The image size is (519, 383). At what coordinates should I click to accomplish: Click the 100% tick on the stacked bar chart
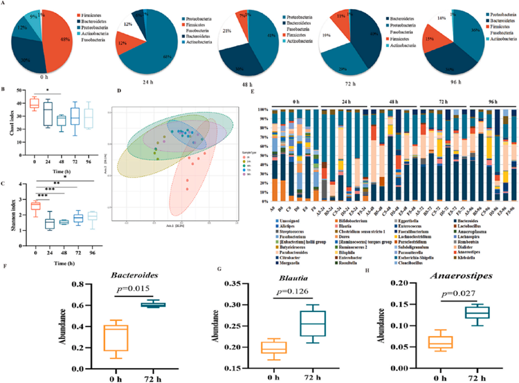point(264,110)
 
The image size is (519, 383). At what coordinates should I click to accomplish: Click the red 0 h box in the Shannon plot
point(35,205)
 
